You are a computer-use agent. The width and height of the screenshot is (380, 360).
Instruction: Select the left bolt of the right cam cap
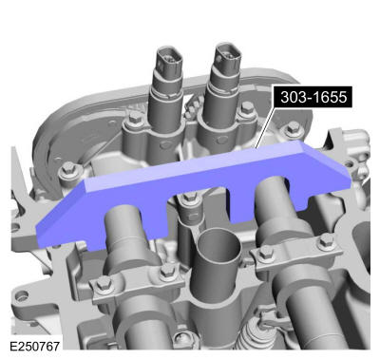[x=267, y=254]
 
